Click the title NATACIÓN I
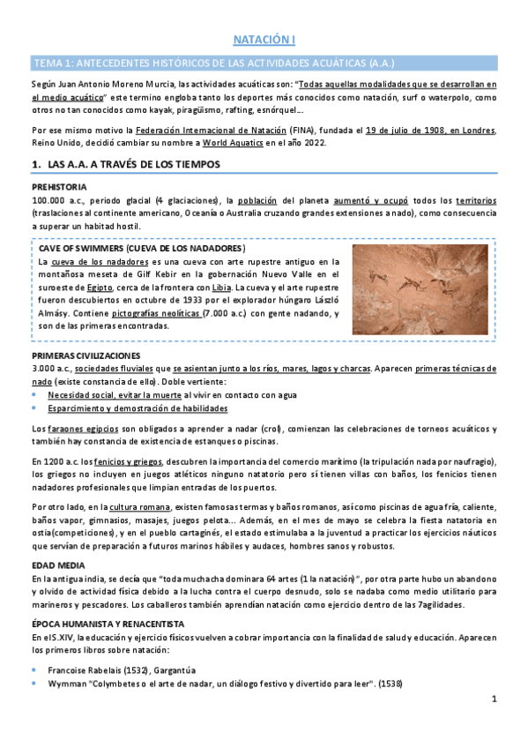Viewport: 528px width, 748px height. coord(264,41)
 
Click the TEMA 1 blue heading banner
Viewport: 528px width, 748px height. coord(264,64)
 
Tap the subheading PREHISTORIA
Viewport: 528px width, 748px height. coord(59,188)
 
